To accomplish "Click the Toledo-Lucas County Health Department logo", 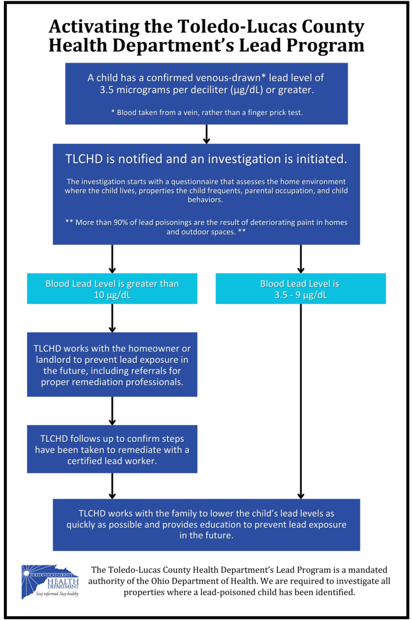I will click(50, 581).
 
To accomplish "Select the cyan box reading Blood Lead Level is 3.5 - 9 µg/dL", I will click(300, 289).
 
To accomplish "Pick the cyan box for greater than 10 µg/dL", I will click(112, 289).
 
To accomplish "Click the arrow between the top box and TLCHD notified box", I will click(206, 134).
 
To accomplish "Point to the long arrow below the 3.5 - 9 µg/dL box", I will click(301, 400).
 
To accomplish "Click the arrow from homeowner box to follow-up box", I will click(112, 410).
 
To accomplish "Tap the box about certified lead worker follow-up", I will click(112, 449).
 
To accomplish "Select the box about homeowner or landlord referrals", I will click(112, 364).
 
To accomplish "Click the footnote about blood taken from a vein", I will click(206, 112).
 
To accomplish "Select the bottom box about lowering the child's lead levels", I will click(206, 524).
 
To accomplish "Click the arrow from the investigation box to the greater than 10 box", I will click(112, 259).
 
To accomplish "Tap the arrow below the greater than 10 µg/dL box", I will click(112, 318).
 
